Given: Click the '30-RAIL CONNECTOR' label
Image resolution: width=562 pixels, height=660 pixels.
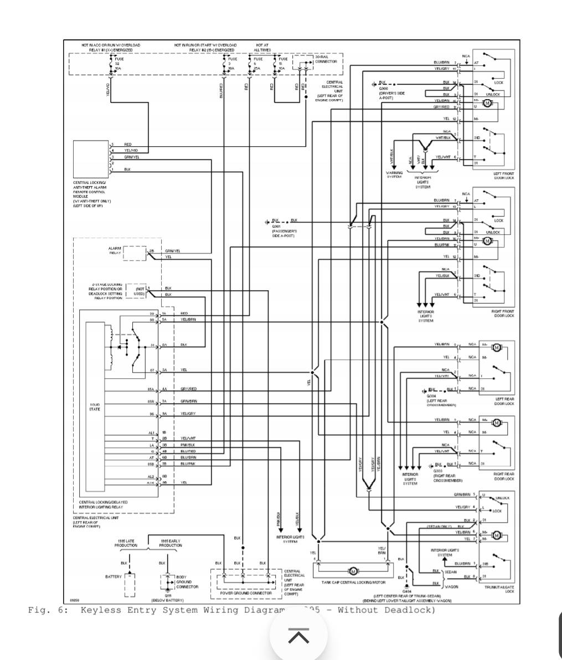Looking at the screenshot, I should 326,59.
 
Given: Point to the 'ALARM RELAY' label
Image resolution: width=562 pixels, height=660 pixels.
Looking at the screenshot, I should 115,250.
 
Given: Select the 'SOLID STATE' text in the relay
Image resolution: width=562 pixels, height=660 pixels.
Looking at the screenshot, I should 95,407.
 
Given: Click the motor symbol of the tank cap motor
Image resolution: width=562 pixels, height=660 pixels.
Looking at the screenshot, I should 353,571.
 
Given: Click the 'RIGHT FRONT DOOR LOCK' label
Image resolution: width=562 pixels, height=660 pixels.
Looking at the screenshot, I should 503,313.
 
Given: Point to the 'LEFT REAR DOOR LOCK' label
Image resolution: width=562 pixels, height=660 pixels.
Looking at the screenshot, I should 504,401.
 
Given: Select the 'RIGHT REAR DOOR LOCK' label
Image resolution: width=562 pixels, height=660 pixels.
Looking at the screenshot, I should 504,476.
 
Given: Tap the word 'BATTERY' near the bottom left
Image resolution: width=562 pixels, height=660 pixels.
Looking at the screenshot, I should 113,576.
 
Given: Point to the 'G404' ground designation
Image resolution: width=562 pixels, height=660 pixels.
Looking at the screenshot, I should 407,591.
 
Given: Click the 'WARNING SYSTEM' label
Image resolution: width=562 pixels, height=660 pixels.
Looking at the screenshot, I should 394,175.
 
